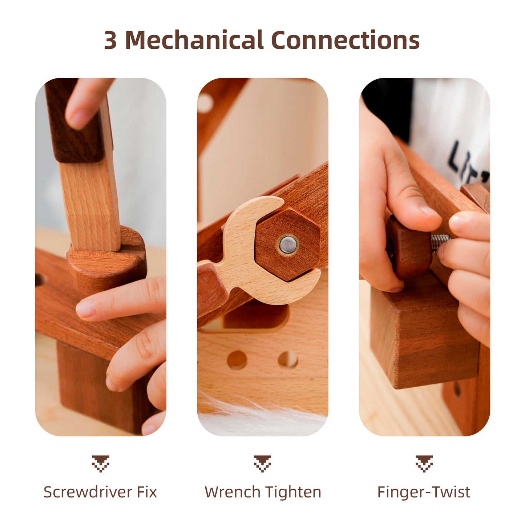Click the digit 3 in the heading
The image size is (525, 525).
pos(110,40)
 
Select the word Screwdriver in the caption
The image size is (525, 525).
pos(88,492)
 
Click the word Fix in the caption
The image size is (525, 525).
pos(147,492)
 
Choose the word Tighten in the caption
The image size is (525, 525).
pos(293,492)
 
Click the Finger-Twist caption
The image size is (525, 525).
pos(424,492)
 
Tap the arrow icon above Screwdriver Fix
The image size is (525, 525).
pos(101,463)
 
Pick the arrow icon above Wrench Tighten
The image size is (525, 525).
pos(262,463)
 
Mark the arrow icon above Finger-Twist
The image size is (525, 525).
pos(424,463)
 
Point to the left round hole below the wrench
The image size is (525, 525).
pos(237,360)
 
